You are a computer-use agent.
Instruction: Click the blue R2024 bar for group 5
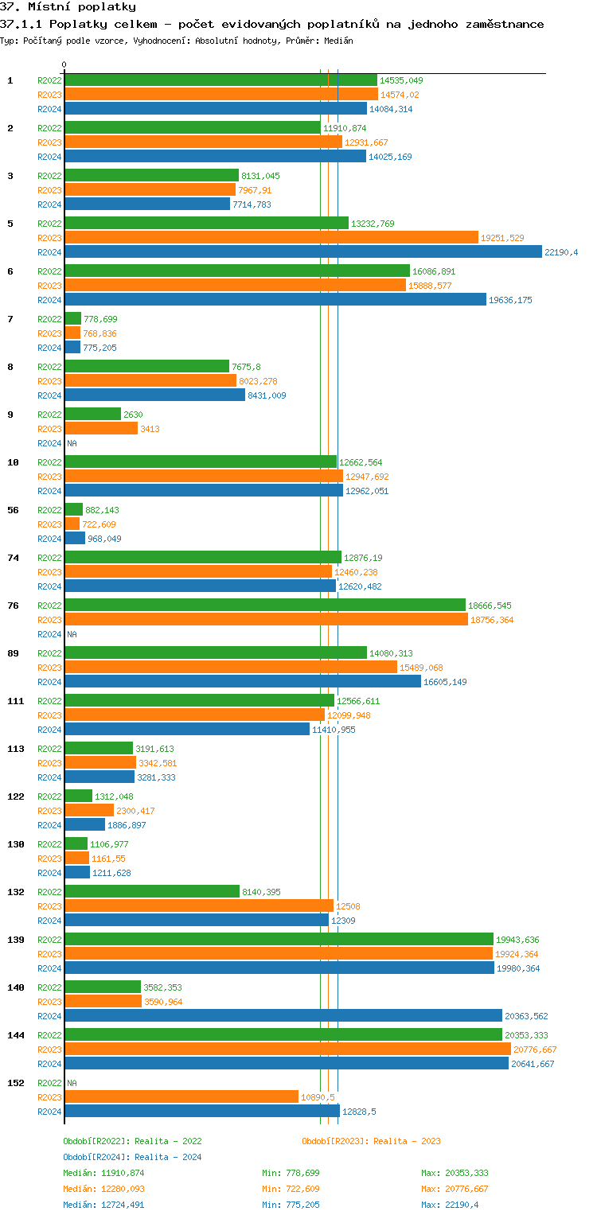303,252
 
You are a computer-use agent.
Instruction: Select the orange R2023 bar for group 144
287,1050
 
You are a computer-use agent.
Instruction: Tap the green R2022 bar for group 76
265,606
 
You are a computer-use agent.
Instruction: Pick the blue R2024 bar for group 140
283,1016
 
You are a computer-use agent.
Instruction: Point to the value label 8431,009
267,395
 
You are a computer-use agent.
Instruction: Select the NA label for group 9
72,443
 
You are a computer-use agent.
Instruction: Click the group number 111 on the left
15,701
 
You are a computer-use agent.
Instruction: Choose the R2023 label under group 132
49,906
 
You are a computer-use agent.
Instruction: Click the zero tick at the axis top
64,65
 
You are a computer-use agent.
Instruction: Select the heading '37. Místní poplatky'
68,7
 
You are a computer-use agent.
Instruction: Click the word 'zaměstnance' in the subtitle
499,24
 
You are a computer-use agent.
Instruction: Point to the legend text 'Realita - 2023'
408,1141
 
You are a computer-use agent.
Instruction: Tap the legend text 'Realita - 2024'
168,1157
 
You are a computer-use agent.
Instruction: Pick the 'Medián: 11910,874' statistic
103,1173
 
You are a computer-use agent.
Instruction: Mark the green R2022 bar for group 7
72,319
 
